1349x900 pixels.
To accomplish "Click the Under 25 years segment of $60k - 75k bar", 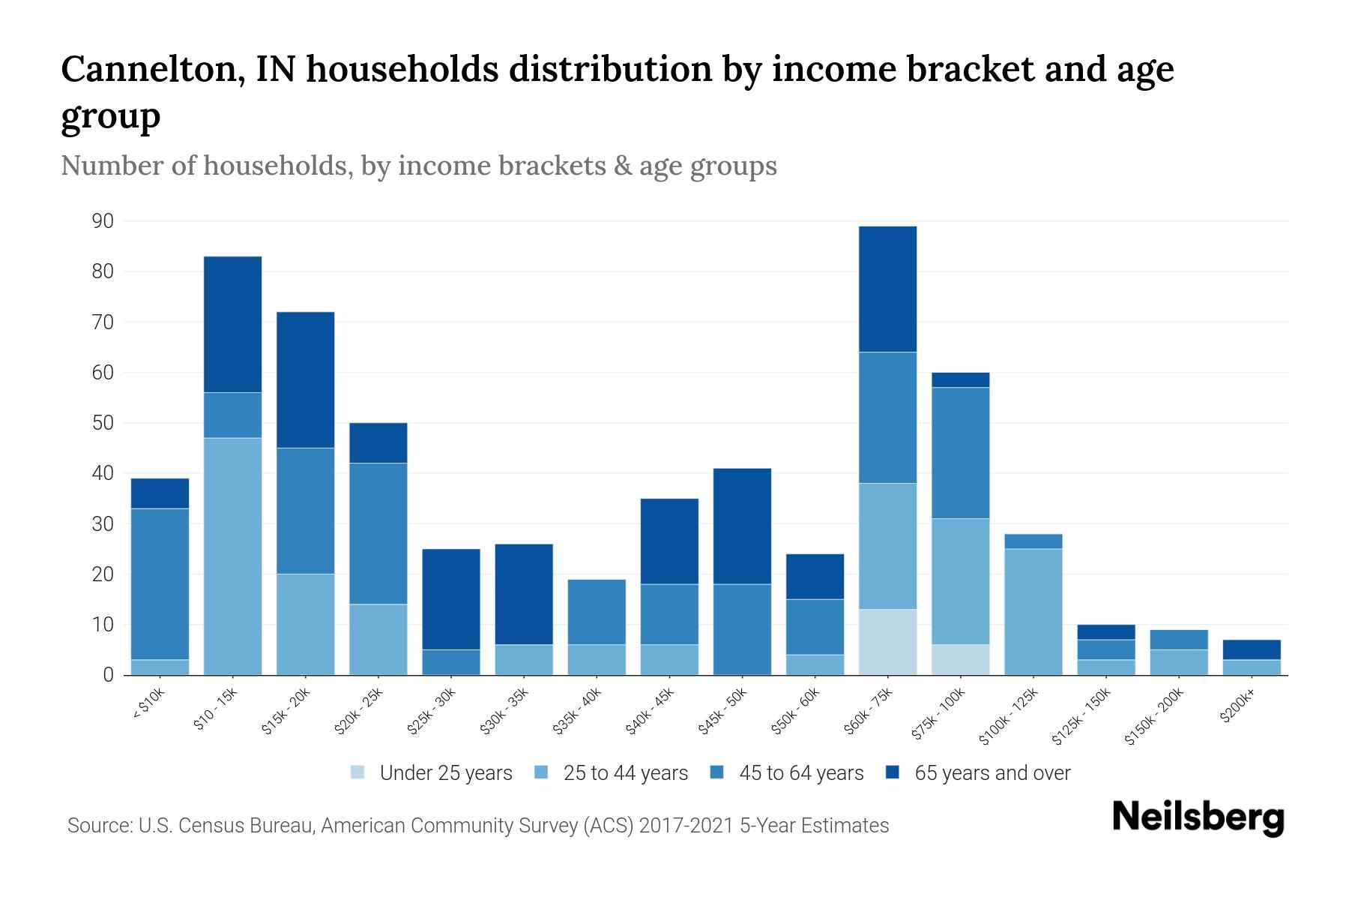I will (887, 642).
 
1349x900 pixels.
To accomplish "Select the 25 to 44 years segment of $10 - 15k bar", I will (233, 556).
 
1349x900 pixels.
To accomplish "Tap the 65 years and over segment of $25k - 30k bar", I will (451, 599).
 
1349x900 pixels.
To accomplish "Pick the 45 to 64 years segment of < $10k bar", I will (160, 583).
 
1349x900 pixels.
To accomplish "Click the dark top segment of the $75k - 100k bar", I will (960, 380).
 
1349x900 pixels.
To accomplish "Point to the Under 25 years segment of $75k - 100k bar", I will (960, 660).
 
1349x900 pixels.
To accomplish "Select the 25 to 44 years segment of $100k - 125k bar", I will (1033, 612).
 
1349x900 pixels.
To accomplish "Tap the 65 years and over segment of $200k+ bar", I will (1251, 649).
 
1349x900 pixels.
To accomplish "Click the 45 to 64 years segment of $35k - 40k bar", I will (597, 612).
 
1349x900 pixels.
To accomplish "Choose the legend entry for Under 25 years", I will (446, 773).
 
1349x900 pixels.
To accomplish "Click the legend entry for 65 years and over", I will (992, 773).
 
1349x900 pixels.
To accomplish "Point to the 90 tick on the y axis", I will (103, 221).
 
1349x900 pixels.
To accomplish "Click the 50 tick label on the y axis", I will (103, 423).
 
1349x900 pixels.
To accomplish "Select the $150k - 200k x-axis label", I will (1155, 718).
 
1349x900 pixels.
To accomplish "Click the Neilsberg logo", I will (1198, 817).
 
